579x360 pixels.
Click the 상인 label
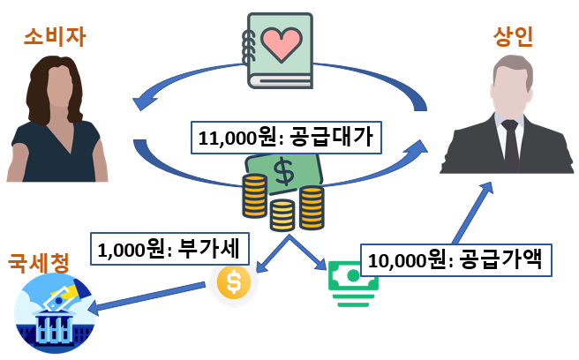tap(514, 38)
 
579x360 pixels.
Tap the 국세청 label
tap(38, 262)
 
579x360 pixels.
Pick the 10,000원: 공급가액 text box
tap(460, 259)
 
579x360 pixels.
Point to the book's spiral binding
tap(247, 49)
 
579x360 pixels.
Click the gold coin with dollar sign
tap(234, 281)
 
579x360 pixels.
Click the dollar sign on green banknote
tap(284, 173)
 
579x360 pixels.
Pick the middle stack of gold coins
tap(282, 214)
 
